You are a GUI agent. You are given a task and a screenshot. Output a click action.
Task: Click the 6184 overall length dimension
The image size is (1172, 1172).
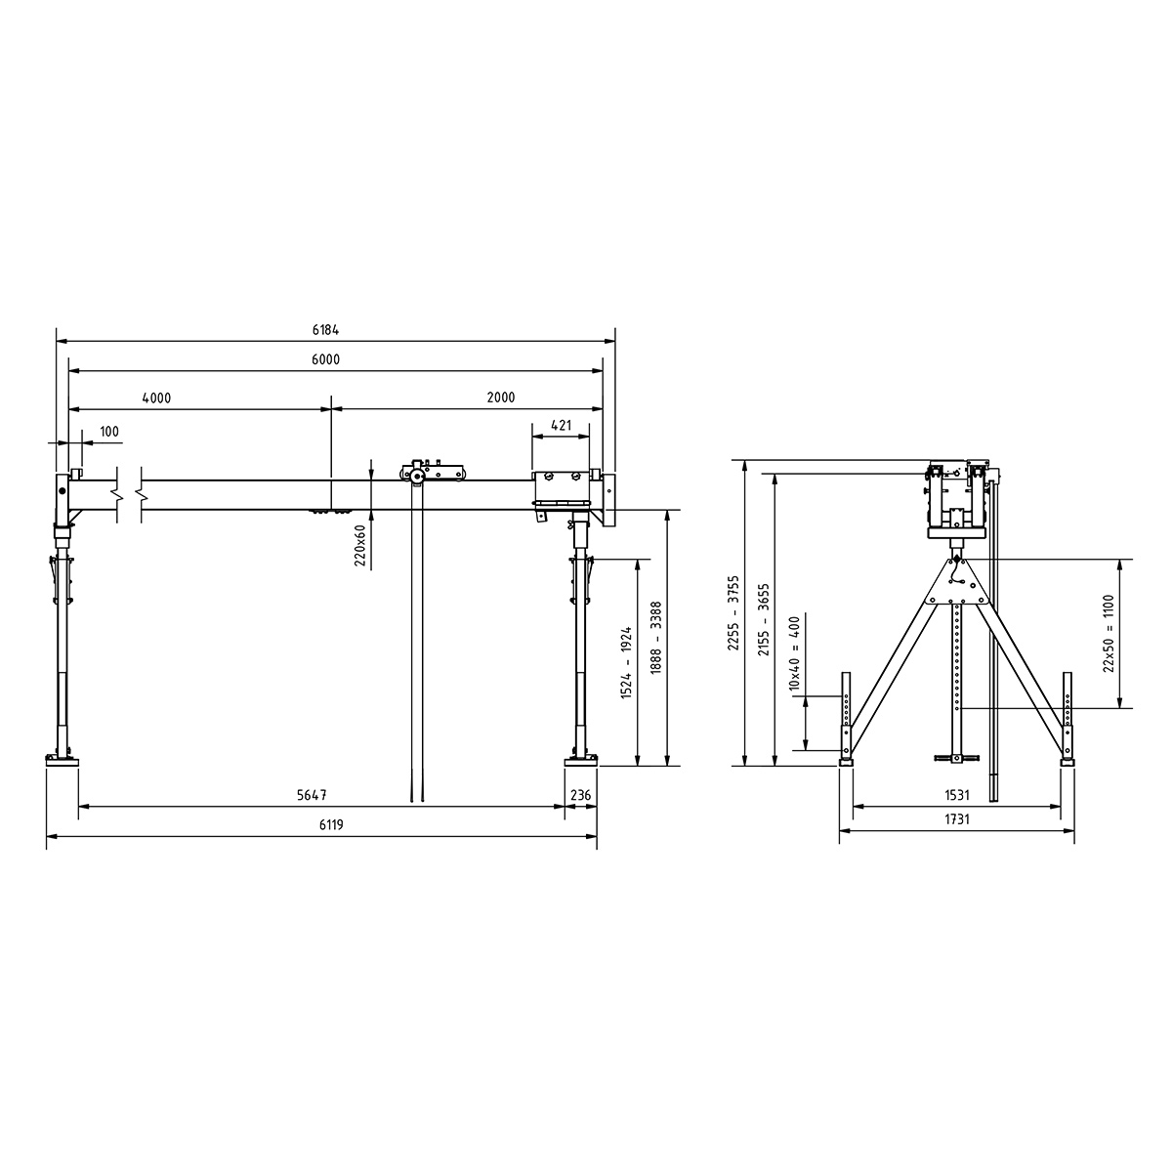(x=326, y=331)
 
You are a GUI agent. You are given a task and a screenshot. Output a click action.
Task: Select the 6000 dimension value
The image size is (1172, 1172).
(x=326, y=359)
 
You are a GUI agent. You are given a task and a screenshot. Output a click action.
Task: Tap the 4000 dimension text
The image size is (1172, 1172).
(x=156, y=398)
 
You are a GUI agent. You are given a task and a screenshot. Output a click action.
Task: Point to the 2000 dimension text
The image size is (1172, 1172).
(x=500, y=398)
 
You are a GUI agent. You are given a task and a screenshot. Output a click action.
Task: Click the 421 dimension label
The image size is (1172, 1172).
(x=561, y=425)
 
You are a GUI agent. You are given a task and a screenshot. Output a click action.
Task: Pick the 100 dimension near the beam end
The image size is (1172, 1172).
(x=109, y=431)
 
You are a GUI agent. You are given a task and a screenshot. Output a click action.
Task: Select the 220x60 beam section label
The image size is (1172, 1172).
(x=359, y=545)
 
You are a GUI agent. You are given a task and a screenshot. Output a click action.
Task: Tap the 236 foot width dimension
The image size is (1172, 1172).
(x=580, y=796)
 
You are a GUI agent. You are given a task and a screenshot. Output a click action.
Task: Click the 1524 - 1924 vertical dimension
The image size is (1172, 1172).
(x=626, y=663)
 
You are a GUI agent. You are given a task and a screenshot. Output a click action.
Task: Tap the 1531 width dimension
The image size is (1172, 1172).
(x=955, y=796)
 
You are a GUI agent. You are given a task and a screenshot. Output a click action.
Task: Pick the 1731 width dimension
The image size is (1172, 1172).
(x=955, y=820)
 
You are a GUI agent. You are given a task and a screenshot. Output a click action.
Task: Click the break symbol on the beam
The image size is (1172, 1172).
(x=129, y=494)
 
